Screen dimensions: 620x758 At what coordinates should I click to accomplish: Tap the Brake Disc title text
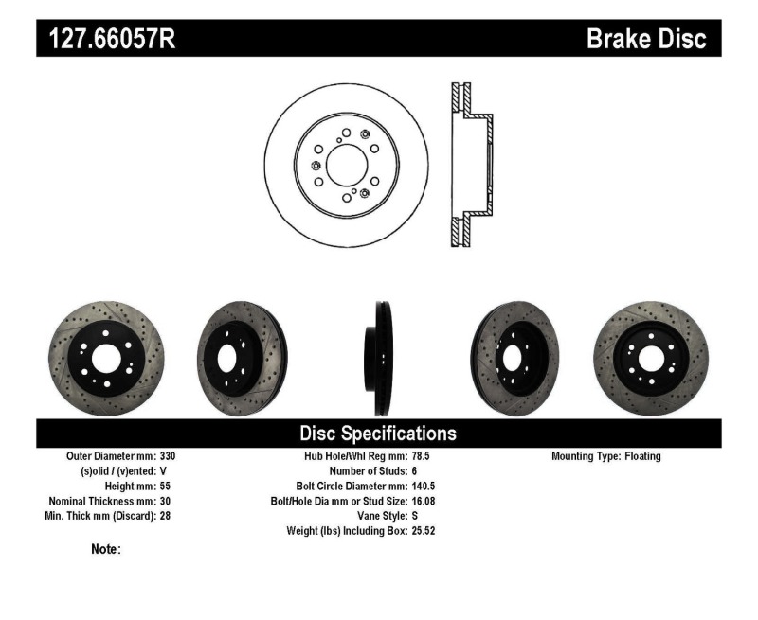coord(646,39)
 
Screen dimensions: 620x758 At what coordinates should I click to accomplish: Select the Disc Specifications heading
coord(378,434)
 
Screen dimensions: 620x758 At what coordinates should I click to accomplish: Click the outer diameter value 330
coord(169,456)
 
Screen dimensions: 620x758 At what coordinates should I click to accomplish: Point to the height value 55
coord(166,486)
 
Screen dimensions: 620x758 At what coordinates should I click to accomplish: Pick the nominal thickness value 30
coord(166,501)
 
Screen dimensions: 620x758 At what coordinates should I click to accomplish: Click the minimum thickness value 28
coord(166,516)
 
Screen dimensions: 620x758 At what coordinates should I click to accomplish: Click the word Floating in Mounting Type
coord(642,456)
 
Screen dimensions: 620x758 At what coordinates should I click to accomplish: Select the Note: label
coord(106,549)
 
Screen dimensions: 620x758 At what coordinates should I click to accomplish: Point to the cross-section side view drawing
coord(471,166)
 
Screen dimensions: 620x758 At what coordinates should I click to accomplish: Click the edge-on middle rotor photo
coord(378,359)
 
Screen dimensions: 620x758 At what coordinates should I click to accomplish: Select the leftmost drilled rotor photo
coord(105,359)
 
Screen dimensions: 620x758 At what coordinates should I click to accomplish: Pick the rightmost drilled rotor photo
coord(650,359)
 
